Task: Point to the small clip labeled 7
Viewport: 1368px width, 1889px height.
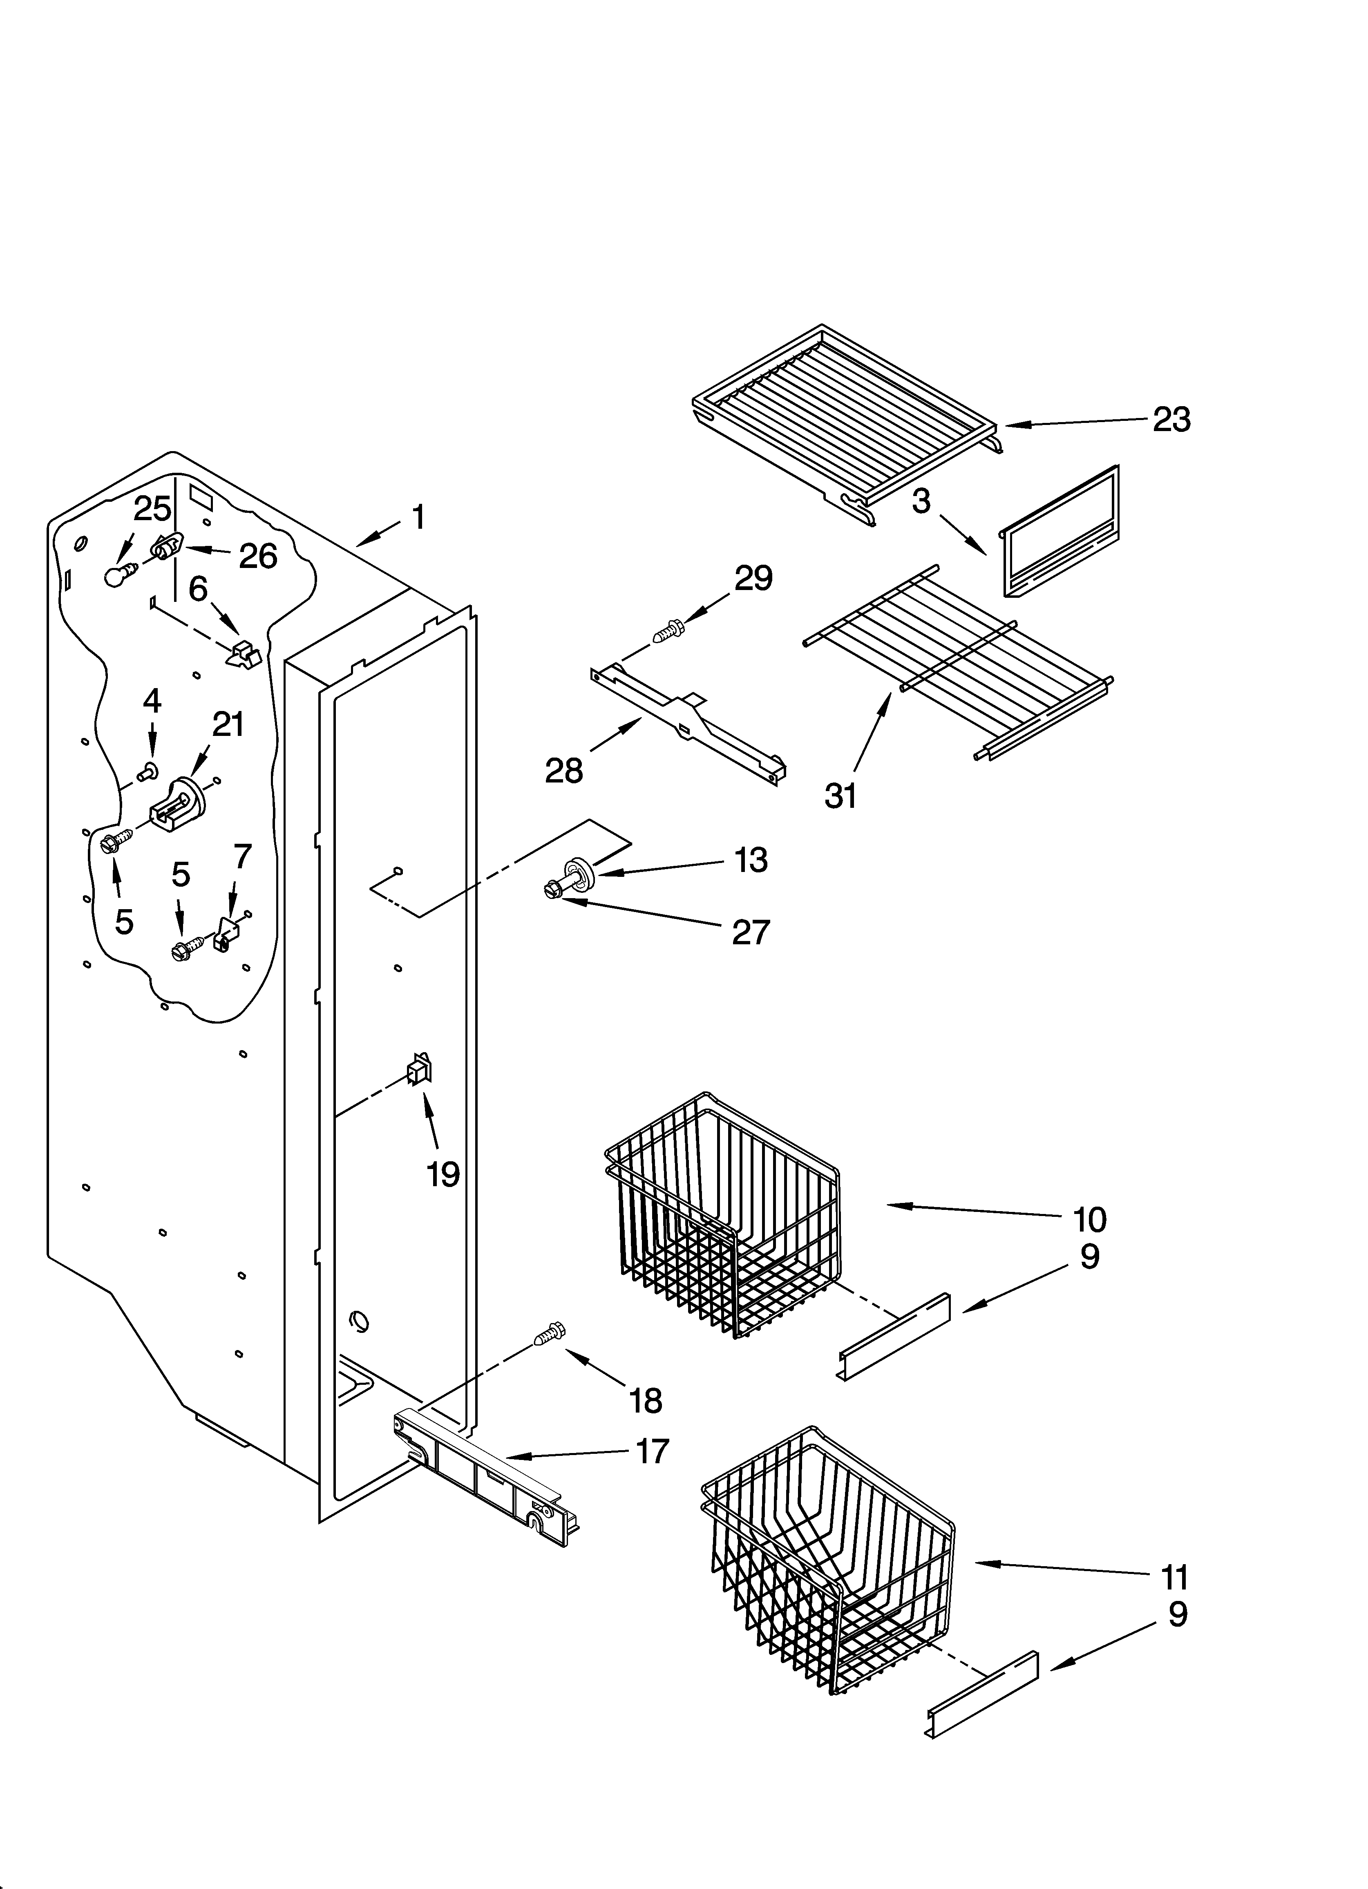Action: [x=223, y=935]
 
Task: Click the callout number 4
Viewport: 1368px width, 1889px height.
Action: [x=152, y=701]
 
